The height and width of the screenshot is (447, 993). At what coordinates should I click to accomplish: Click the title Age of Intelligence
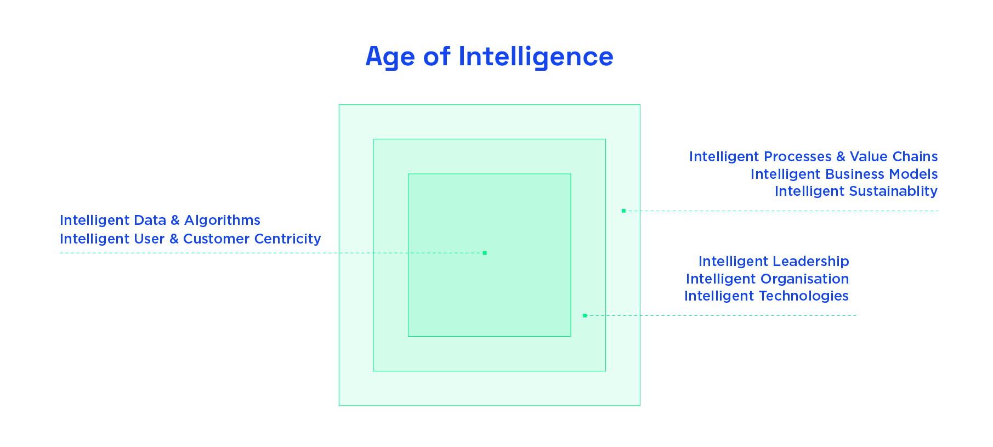pos(489,56)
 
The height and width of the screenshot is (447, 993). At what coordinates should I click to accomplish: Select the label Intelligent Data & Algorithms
pos(160,220)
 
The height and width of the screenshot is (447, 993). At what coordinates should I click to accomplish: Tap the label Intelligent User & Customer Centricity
pos(190,239)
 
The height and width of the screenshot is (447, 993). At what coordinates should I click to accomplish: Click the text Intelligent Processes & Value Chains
pos(813,156)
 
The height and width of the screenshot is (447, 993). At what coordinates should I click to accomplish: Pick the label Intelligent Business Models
pos(844,174)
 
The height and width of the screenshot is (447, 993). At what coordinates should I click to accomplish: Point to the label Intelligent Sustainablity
pos(856,191)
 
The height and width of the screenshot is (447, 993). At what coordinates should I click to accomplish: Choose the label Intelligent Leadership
pos(773,261)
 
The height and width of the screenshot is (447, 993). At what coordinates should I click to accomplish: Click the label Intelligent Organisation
pos(767,279)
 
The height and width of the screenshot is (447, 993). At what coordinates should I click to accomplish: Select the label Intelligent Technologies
pos(766,296)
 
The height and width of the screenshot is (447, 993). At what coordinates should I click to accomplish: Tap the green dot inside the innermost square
pos(485,253)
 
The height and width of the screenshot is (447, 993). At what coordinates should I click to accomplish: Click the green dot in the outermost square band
pos(623,211)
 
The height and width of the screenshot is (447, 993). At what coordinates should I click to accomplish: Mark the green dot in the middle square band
pos(585,315)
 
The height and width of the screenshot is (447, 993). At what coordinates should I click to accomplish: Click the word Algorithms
pos(222,220)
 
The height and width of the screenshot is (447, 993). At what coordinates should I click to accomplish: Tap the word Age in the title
pos(390,56)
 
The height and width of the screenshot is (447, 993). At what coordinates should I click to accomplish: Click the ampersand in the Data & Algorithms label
pos(175,220)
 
